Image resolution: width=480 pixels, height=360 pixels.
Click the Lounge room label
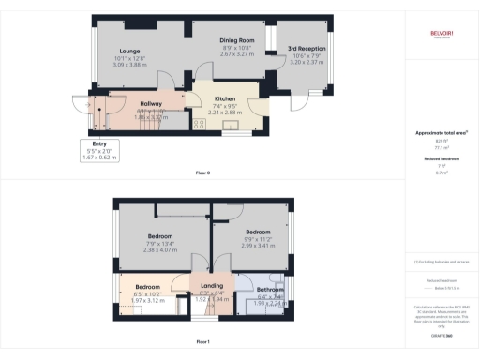(129, 52)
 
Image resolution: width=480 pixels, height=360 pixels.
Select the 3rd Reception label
(306, 48)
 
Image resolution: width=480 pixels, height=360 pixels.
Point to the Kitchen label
(224, 98)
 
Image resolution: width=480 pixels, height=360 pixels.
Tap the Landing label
(213, 286)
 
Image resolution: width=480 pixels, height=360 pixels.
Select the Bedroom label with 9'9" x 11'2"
(258, 231)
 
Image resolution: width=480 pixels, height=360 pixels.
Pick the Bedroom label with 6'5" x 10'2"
(148, 286)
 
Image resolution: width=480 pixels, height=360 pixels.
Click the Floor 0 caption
(202, 173)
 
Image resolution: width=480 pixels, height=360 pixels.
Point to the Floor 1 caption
(202, 343)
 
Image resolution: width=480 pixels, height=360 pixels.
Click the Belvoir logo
(441, 35)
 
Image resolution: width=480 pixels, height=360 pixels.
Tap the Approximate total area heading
(441, 133)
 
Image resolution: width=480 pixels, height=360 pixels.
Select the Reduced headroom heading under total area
(441, 159)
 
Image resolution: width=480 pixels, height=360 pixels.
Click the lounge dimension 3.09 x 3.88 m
(129, 65)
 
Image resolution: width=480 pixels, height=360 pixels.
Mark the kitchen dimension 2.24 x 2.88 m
(224, 112)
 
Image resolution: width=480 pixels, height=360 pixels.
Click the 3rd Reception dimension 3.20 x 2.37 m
(306, 61)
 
